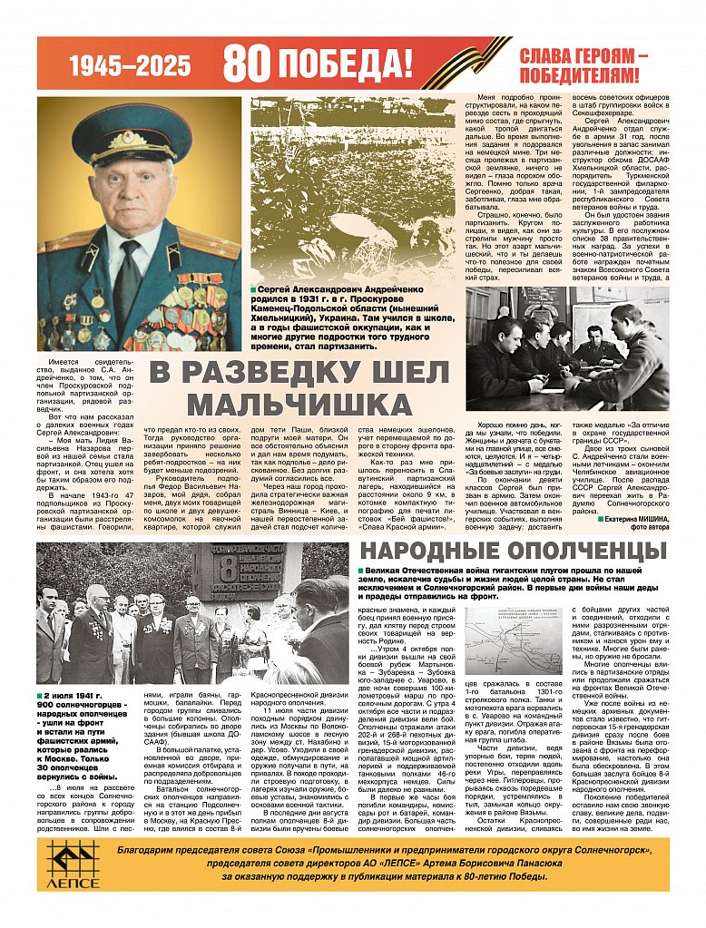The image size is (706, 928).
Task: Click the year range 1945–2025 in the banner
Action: pos(131,64)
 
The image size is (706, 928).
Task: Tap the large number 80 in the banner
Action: pos(247,63)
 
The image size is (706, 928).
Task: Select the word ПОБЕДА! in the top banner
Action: pos(345,63)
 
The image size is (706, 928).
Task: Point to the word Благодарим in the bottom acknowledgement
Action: pos(147,849)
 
